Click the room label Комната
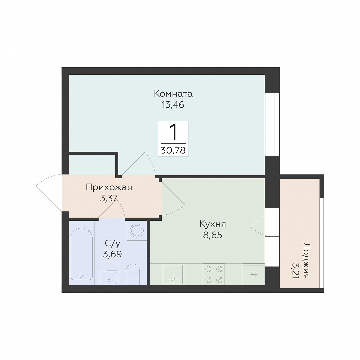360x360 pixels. pyautogui.click(x=173, y=94)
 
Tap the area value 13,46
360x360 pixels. pyautogui.click(x=173, y=105)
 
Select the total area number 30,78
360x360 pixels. pyautogui.click(x=173, y=150)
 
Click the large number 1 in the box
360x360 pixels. pyautogui.click(x=173, y=132)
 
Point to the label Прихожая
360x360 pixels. pyautogui.click(x=109, y=188)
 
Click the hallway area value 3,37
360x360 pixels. pyautogui.click(x=109, y=198)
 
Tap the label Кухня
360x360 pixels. pyautogui.click(x=213, y=224)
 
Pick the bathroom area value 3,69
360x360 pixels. pyautogui.click(x=112, y=254)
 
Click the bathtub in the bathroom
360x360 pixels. pyautogui.click(x=82, y=254)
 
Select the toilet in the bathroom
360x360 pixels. pyautogui.click(x=133, y=274)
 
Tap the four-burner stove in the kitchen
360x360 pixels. pyautogui.click(x=214, y=274)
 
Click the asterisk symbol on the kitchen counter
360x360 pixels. pyautogui.click(x=254, y=274)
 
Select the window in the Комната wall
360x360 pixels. pyautogui.click(x=272, y=124)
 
